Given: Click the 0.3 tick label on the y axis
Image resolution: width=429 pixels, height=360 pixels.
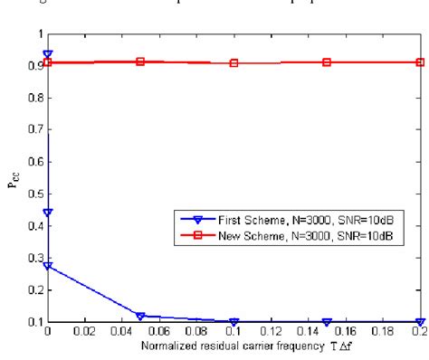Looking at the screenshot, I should tap(35, 259).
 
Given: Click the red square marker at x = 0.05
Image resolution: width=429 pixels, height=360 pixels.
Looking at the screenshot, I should tap(140, 62).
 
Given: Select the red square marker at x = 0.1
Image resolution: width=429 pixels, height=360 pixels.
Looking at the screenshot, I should tap(234, 63).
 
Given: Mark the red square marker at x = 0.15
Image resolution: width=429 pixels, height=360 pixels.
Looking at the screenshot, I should tap(327, 62).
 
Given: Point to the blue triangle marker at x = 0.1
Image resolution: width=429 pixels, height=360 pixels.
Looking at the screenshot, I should tap(234, 322).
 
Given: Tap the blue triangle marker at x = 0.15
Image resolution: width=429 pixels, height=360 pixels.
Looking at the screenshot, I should tap(327, 322).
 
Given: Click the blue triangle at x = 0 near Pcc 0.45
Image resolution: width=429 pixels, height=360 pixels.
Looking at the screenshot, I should tap(48, 213).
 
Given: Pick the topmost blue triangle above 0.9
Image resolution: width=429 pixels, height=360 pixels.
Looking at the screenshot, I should tap(48, 55).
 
